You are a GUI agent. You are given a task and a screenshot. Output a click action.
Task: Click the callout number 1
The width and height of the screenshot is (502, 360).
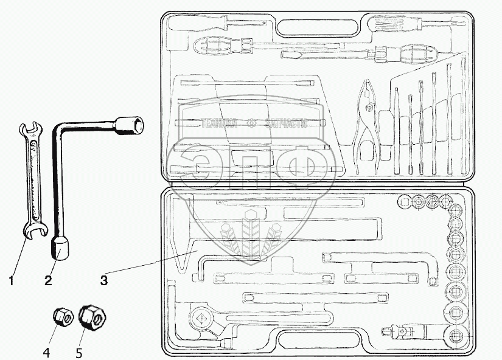(x=11, y=280)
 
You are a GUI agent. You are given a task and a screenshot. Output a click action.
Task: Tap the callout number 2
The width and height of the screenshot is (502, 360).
(x=47, y=280)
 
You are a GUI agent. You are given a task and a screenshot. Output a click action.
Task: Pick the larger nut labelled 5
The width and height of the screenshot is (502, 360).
(x=92, y=316)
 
